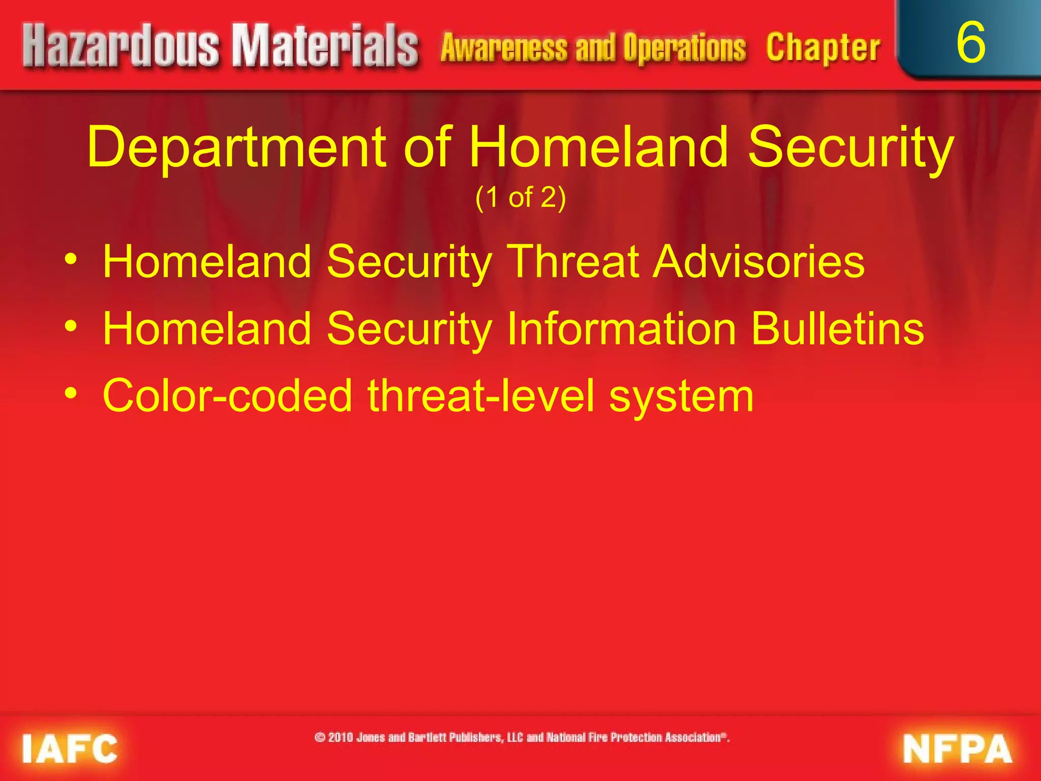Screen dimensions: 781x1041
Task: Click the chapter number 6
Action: click(x=970, y=44)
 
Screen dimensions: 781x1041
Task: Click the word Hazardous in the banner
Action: click(x=121, y=47)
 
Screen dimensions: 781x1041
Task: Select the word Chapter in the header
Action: click(x=822, y=48)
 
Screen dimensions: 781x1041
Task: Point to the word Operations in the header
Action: click(x=684, y=48)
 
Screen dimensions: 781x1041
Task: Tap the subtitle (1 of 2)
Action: click(x=520, y=197)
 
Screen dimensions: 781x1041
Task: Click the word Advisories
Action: click(x=758, y=261)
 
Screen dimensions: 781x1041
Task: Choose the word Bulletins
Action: click(x=837, y=328)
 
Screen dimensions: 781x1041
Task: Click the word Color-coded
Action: click(x=227, y=396)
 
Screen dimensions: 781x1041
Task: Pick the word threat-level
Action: click(x=480, y=396)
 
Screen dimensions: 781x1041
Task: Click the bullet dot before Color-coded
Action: click(x=71, y=393)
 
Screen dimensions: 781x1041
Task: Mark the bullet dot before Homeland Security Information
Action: click(x=71, y=325)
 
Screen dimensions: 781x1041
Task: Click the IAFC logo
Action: click(x=70, y=748)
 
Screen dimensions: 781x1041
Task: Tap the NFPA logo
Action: click(x=957, y=748)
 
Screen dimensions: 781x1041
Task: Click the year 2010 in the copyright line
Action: click(x=341, y=737)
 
